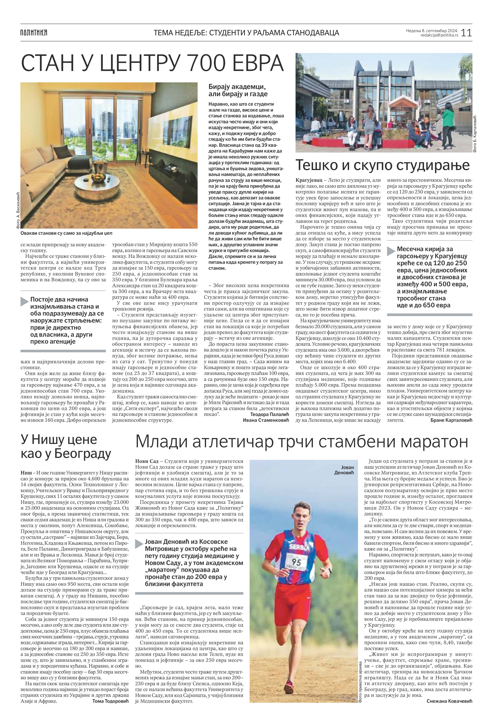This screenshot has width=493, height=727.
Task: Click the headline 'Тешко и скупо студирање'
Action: point(383,165)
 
